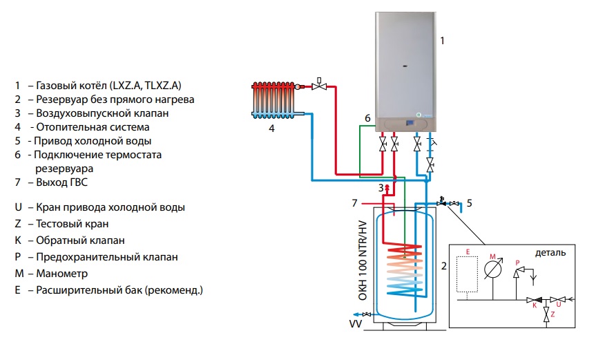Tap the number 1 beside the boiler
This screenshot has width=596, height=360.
pyautogui.click(x=442, y=41)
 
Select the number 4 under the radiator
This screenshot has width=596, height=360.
pyautogui.click(x=271, y=129)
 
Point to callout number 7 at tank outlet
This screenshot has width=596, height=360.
pyautogui.click(x=354, y=203)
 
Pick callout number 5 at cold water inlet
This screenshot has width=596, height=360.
pyautogui.click(x=469, y=203)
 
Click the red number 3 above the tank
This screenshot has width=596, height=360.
pyautogui.click(x=380, y=188)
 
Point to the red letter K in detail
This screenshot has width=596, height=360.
pyautogui.click(x=533, y=309)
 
